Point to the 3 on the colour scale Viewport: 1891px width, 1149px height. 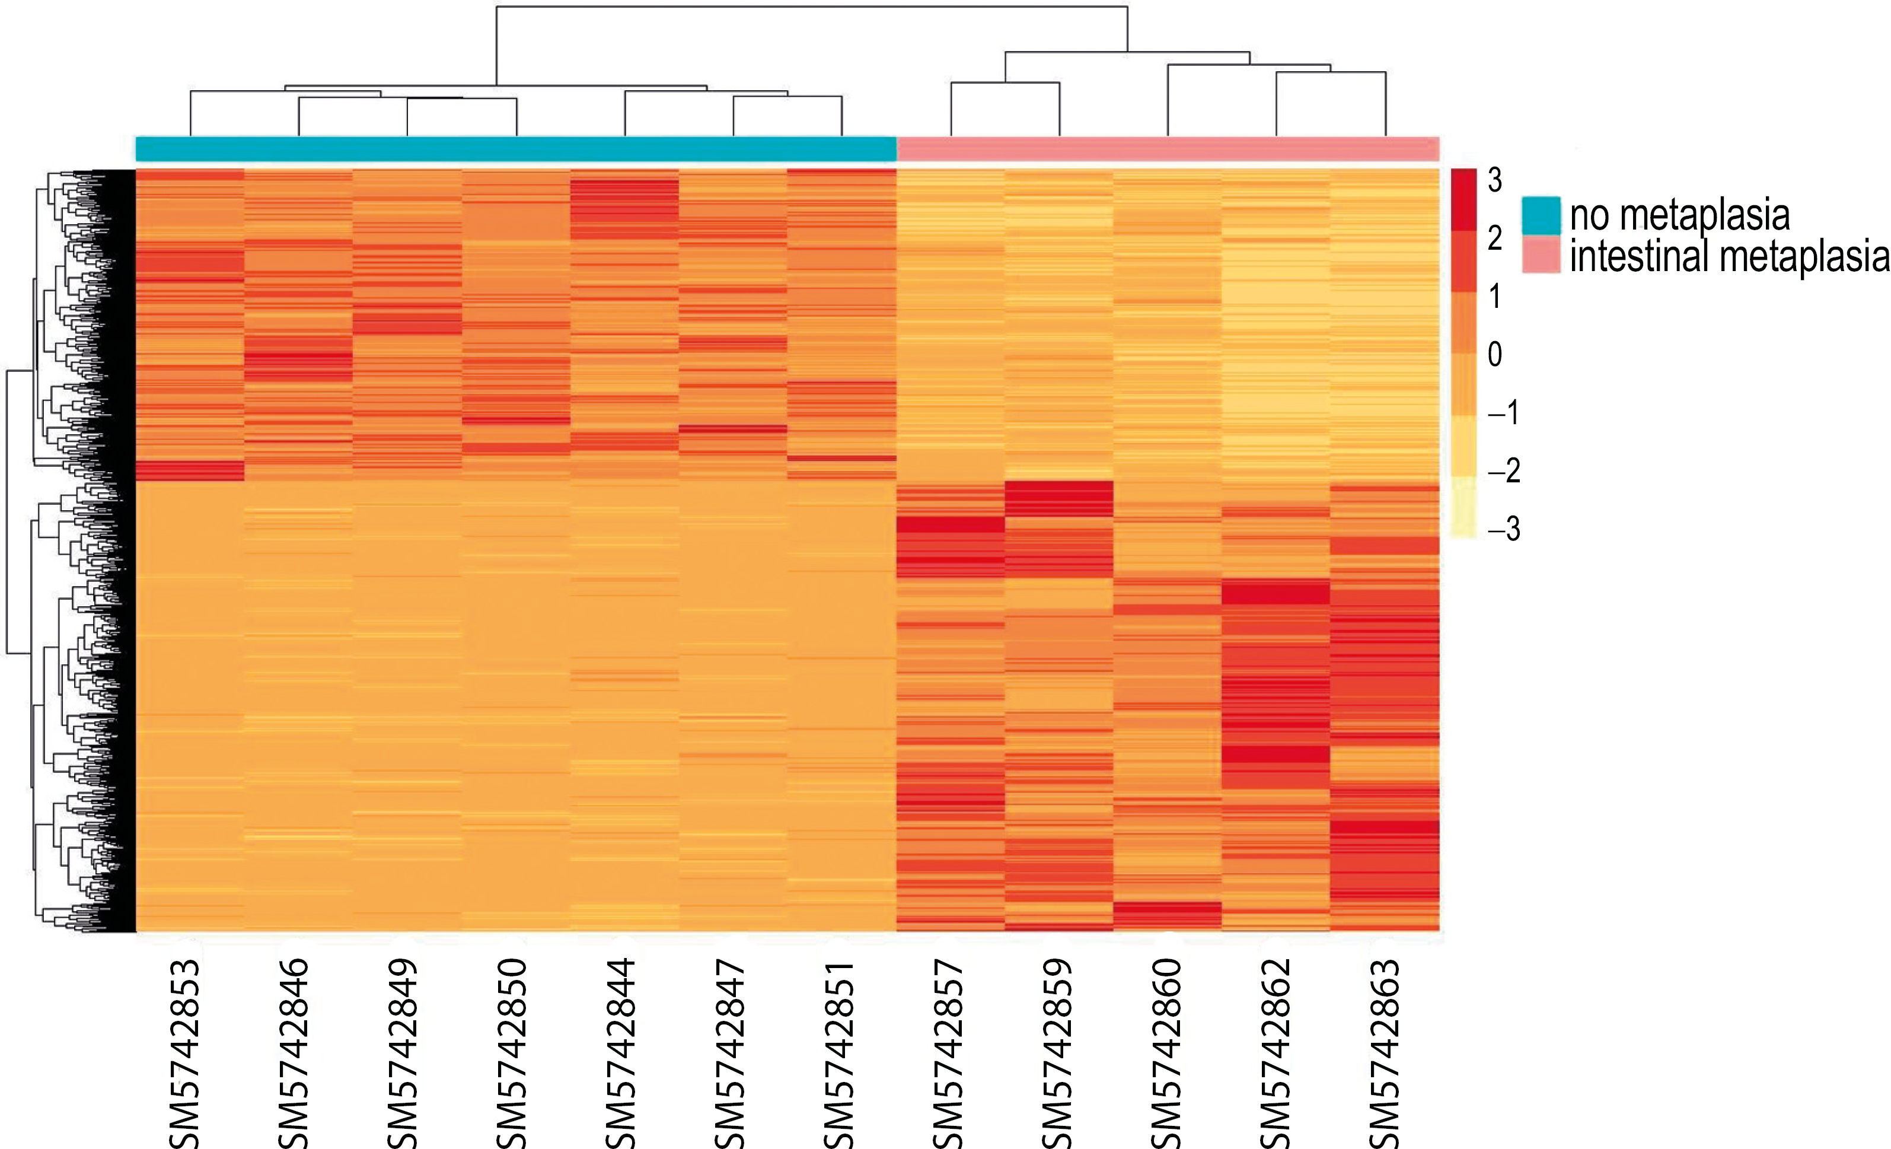pyautogui.click(x=1495, y=180)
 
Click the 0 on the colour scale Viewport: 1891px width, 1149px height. pyautogui.click(x=1495, y=355)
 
